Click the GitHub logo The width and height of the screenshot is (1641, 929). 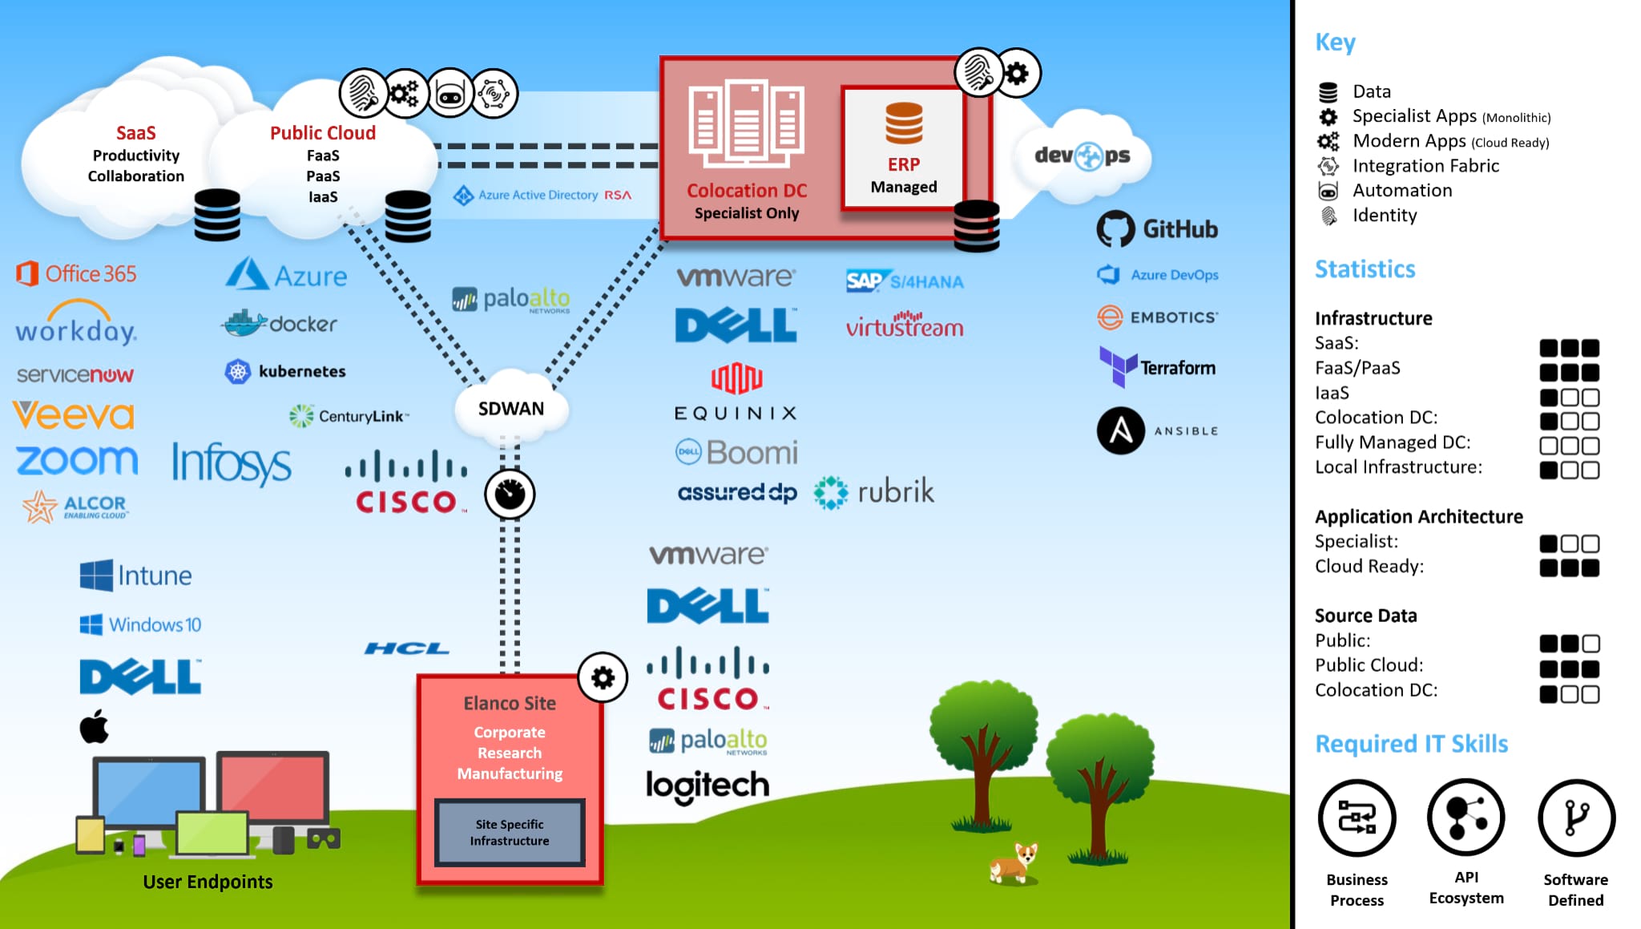1156,229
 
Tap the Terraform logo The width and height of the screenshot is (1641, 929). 1157,367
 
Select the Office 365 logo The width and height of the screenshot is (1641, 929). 76,273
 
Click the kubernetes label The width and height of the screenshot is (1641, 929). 301,371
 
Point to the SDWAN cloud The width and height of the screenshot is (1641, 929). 511,409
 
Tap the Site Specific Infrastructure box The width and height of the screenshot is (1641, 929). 510,832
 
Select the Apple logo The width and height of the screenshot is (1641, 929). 95,726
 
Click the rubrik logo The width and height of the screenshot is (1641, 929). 874,491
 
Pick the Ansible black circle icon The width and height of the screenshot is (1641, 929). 1120,430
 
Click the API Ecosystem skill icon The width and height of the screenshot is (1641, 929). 1466,818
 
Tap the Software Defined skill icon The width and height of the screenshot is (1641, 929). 1575,818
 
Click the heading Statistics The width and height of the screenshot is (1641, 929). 1365,269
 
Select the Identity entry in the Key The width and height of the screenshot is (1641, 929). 1384,215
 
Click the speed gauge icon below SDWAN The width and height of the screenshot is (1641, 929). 510,494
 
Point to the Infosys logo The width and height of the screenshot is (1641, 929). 232,462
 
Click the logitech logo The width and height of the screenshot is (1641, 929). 707,786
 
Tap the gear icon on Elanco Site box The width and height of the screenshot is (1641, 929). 603,678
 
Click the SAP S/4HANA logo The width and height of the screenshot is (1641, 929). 905,281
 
